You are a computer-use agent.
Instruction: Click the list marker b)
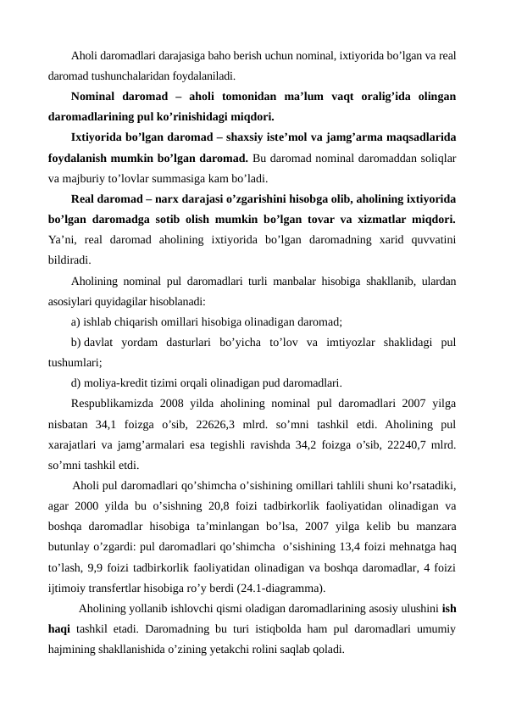pos(77,343)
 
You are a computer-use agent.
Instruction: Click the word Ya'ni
pos(61,240)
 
